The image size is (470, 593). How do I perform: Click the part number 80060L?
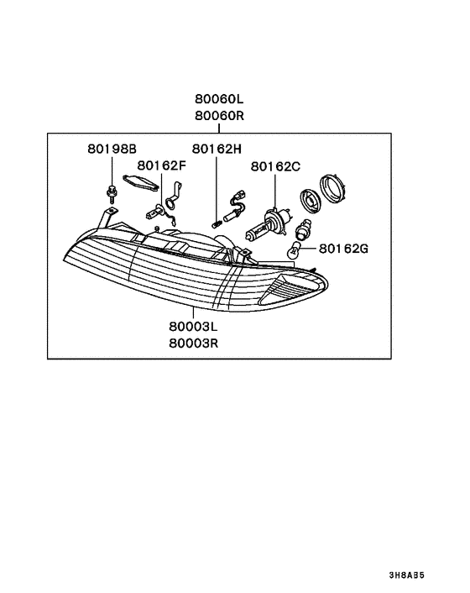coord(219,99)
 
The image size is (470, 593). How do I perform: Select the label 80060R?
coord(220,115)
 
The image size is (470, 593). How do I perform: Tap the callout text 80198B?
coord(112,149)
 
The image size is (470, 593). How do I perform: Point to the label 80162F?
coord(162,165)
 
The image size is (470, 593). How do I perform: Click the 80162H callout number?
coord(217,149)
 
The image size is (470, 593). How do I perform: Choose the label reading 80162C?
coord(275,166)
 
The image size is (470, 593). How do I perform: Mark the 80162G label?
coord(343,249)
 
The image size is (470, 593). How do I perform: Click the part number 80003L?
coord(193,326)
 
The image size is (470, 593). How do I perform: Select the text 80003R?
coord(193,343)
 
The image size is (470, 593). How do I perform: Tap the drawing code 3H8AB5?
coord(406,575)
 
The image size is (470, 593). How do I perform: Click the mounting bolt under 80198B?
coord(112,194)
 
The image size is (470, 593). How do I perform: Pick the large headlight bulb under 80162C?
coord(267,224)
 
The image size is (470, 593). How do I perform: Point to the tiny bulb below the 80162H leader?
coord(216,224)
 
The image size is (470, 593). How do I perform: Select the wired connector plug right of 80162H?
coord(235,206)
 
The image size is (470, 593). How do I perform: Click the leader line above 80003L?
coord(193,313)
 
